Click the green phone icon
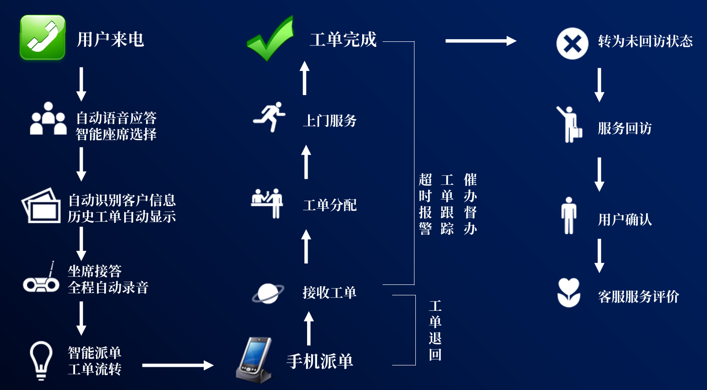(x=43, y=37)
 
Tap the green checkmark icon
(x=271, y=38)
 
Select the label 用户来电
(x=110, y=40)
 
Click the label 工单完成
(x=343, y=40)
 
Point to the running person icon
(x=269, y=116)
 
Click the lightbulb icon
(x=40, y=360)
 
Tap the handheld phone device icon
(x=254, y=360)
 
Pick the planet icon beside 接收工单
(x=268, y=294)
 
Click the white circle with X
(x=572, y=43)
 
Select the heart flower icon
(x=569, y=293)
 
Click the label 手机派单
(x=320, y=361)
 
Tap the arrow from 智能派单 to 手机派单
(x=178, y=365)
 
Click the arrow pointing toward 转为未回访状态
(x=481, y=41)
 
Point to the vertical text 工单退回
(x=435, y=330)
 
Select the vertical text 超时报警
(x=425, y=204)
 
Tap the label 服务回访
(x=625, y=128)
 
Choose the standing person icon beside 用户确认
(x=569, y=216)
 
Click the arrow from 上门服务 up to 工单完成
(x=304, y=78)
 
